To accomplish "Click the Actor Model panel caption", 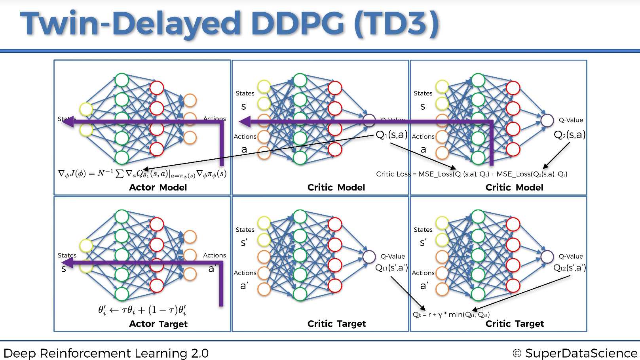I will point(158,187).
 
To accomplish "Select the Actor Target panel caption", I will point(158,324).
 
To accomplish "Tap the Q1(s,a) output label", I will point(391,135).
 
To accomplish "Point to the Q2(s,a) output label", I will point(569,135).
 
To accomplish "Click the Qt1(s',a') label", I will point(391,268).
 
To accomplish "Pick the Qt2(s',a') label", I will point(569,268).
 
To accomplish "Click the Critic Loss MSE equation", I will point(471,174).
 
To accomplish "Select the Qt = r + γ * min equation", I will point(451,315).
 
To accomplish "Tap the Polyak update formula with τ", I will point(142,310).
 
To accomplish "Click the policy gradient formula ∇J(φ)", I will point(142,174).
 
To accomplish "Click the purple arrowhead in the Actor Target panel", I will point(68,262).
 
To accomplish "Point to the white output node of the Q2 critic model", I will point(547,120).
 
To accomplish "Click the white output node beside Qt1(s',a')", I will point(369,257).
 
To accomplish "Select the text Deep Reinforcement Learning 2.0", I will point(106,353).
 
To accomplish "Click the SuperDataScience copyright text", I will point(575,353).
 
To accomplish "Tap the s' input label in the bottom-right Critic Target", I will point(423,242).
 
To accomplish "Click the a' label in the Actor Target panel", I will point(212,269).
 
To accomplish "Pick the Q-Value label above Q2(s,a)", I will point(571,120).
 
